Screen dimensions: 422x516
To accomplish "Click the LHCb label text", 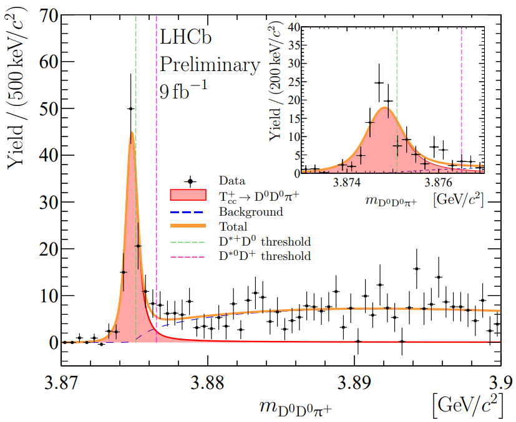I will (x=187, y=38).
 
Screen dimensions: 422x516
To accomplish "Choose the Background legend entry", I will (x=250, y=211).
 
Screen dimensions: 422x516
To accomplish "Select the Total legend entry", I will (x=233, y=226).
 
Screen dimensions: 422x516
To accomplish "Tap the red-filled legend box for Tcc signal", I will (x=188, y=195).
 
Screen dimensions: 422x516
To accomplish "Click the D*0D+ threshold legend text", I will (x=265, y=256).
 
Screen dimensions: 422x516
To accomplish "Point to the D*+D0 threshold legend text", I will (x=265, y=241).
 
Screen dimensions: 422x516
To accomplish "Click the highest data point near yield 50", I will (x=130, y=108).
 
